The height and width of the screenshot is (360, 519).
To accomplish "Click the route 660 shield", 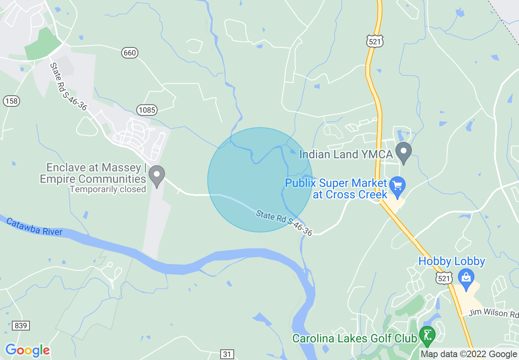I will [x=129, y=53].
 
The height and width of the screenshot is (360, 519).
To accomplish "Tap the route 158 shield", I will [x=11, y=101].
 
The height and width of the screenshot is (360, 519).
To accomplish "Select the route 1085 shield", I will [x=147, y=109].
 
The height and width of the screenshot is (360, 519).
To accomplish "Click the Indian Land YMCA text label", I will [x=346, y=154].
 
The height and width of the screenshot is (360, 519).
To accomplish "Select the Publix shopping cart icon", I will [x=397, y=185].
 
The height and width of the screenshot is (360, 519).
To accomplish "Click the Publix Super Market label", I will [x=336, y=188].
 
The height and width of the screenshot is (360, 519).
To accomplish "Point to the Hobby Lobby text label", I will [x=451, y=261].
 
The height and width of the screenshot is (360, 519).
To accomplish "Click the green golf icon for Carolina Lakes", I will [x=427, y=335].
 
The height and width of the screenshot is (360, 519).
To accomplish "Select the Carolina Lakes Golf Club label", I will [x=354, y=339].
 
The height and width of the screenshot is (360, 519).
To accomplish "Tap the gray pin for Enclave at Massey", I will [x=156, y=175].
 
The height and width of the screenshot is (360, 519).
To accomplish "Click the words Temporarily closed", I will [x=108, y=189].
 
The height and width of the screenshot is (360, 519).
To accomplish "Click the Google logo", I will [x=27, y=350].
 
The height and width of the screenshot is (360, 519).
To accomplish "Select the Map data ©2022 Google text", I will [x=469, y=354].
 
